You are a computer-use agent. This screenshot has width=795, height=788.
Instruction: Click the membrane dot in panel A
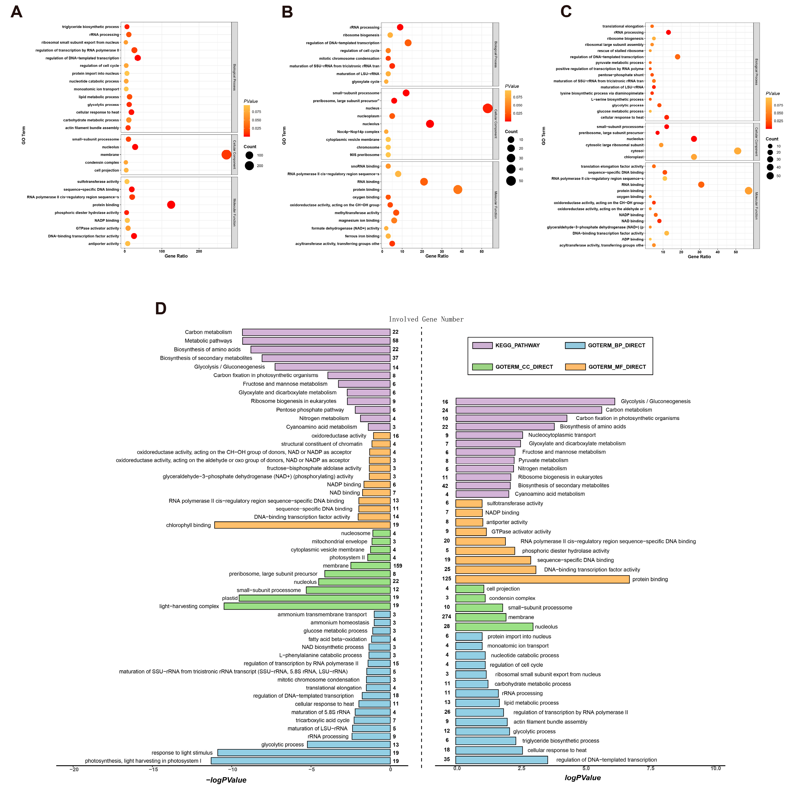(x=226, y=155)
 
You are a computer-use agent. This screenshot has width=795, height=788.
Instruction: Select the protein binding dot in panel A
(x=171, y=205)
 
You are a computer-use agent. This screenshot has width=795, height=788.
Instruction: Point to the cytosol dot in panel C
(x=737, y=151)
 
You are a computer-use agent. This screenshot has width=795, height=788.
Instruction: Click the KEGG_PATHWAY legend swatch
(x=482, y=345)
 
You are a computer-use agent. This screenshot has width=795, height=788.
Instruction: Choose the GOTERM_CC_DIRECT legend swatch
(x=482, y=367)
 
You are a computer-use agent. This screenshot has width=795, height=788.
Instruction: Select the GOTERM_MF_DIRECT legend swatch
(x=575, y=367)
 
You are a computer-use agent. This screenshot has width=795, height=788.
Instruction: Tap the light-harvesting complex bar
(x=307, y=606)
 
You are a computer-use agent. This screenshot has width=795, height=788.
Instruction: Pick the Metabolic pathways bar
(x=316, y=341)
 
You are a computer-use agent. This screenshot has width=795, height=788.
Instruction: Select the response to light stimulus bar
(x=304, y=753)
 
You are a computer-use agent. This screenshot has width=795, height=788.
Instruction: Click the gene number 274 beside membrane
(x=446, y=616)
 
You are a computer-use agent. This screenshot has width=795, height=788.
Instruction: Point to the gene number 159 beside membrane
(x=398, y=566)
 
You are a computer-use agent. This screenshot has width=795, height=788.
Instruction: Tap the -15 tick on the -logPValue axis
(x=153, y=769)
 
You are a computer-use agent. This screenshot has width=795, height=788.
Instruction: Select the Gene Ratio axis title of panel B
(x=437, y=256)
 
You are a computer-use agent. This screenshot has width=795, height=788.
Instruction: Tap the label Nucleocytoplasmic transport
(x=562, y=435)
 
